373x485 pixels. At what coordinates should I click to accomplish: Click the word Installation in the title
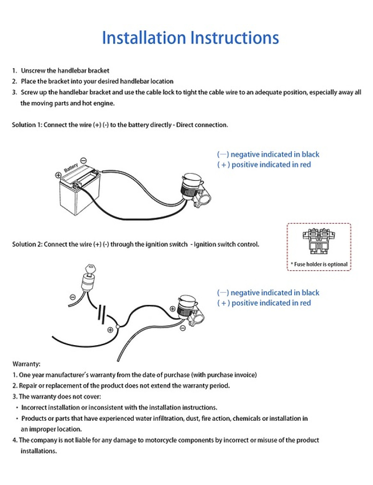[x=144, y=38]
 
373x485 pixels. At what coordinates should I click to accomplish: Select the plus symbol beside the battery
[x=58, y=175]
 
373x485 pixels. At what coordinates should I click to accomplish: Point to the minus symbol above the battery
[x=83, y=160]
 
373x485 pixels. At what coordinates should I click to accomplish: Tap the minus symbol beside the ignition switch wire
[x=72, y=297]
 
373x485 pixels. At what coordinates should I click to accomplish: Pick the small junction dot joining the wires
[x=117, y=327]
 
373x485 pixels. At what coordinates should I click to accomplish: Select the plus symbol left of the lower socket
[x=172, y=308]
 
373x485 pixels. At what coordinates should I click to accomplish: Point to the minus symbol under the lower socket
[x=183, y=328]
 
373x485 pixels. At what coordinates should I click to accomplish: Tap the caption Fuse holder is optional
[x=319, y=264]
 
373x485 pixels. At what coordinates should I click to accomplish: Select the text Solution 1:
[x=24, y=125]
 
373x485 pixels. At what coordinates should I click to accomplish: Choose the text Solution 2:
[x=24, y=244]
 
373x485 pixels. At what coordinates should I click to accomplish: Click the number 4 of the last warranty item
[x=14, y=440]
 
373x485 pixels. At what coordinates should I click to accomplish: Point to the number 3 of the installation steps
[x=14, y=92]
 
